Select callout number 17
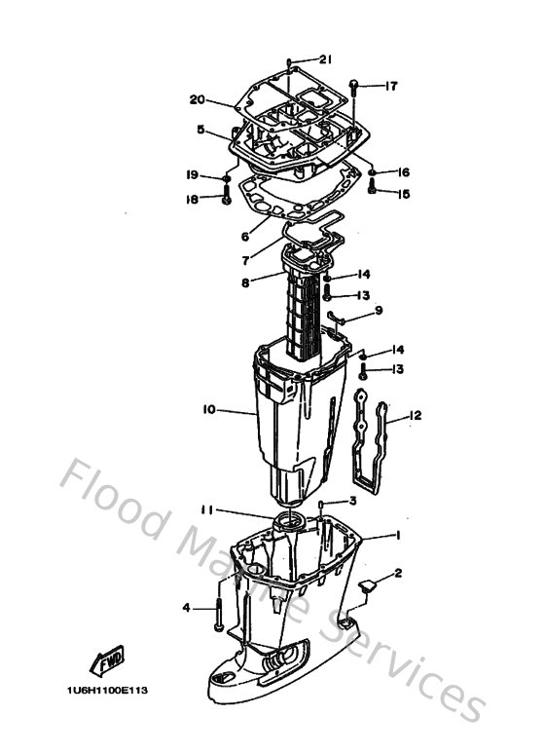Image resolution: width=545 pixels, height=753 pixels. [x=390, y=86]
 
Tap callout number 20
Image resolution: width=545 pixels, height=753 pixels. [x=198, y=99]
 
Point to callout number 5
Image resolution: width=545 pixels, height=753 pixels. [x=200, y=128]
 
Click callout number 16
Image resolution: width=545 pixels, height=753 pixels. [x=403, y=172]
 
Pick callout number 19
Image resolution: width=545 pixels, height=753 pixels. [x=193, y=175]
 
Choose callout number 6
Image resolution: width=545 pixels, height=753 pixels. [x=245, y=236]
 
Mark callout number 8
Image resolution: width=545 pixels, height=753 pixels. [x=245, y=282]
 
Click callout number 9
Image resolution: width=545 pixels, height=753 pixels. [x=379, y=311]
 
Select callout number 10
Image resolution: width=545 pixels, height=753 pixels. [x=208, y=410]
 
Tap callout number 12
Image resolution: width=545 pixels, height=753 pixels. [x=416, y=416]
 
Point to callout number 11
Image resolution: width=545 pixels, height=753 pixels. [x=206, y=509]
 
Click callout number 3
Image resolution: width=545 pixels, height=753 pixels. [x=353, y=501]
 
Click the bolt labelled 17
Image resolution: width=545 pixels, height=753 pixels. [x=355, y=86]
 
